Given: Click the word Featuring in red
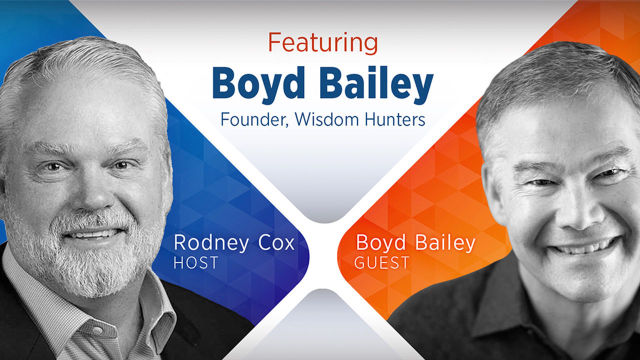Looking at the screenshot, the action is coord(323,43).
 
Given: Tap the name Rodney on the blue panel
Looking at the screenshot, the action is coord(211,243).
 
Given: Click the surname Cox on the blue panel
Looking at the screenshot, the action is coord(276,242).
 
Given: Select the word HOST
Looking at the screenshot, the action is coord(196,262).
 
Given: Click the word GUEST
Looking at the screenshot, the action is coord(381,262).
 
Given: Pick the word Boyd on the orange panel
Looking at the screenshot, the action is coord(380,243).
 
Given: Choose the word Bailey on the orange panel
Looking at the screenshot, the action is coord(445,243).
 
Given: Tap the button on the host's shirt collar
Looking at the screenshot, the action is coord(98,330).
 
